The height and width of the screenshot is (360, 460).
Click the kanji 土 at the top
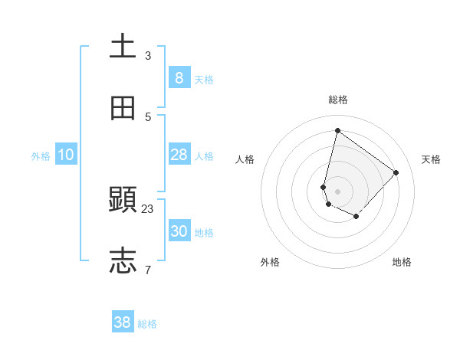(123, 46)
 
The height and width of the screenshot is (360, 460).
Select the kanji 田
(123, 108)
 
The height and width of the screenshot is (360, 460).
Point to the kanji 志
(123, 261)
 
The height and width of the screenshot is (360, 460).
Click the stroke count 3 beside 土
(148, 56)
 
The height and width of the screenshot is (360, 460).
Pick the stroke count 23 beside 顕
(148, 209)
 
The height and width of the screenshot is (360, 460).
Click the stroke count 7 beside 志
(148, 270)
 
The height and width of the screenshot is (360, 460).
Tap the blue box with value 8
(179, 77)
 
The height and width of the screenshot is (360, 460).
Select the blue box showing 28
(179, 155)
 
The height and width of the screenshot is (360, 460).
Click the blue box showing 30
(179, 231)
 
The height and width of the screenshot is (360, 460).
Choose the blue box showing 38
(123, 322)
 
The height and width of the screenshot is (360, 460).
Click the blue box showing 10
(66, 155)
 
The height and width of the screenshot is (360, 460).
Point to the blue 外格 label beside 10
(41, 156)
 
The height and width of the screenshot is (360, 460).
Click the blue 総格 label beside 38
(147, 324)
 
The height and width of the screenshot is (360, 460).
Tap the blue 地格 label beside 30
(204, 233)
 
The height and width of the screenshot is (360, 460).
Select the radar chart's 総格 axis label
(337, 100)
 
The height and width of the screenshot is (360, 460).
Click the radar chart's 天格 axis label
(431, 159)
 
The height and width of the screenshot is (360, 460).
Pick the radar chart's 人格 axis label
(245, 159)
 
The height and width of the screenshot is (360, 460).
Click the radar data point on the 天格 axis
(396, 172)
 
